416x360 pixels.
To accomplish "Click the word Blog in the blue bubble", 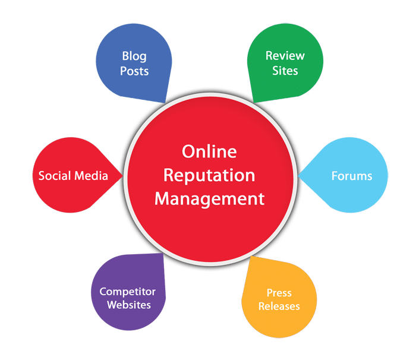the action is pyautogui.click(x=134, y=56).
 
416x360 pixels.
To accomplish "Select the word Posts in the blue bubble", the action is pyautogui.click(x=134, y=71).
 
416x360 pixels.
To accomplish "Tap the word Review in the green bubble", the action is pyautogui.click(x=285, y=56).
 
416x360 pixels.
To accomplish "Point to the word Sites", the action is pyautogui.click(x=285, y=71).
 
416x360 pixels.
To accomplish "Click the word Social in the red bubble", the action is pyautogui.click(x=55, y=176).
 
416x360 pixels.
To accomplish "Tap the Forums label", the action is pyautogui.click(x=352, y=176).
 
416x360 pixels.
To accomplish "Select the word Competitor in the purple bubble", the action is pyautogui.click(x=128, y=292).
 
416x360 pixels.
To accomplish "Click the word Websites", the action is pyautogui.click(x=129, y=305).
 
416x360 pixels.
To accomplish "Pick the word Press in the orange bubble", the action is pyautogui.click(x=279, y=293).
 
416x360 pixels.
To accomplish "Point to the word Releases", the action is pyautogui.click(x=279, y=306).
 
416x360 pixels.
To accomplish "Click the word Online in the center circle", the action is pyautogui.click(x=209, y=151).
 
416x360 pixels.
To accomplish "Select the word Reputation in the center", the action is pyautogui.click(x=209, y=176).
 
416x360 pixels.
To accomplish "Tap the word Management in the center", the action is pyautogui.click(x=210, y=199).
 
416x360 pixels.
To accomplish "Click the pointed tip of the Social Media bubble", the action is pyautogui.click(x=122, y=175).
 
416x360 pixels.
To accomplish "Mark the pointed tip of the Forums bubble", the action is pyautogui.click(x=298, y=175).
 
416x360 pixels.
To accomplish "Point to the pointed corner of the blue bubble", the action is pyautogui.click(x=165, y=103).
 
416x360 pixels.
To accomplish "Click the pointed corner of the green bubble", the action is pyautogui.click(x=254, y=102).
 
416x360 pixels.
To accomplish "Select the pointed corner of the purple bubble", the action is pyautogui.click(x=162, y=254).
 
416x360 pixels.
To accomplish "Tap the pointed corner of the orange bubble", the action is pyautogui.click(x=251, y=256).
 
